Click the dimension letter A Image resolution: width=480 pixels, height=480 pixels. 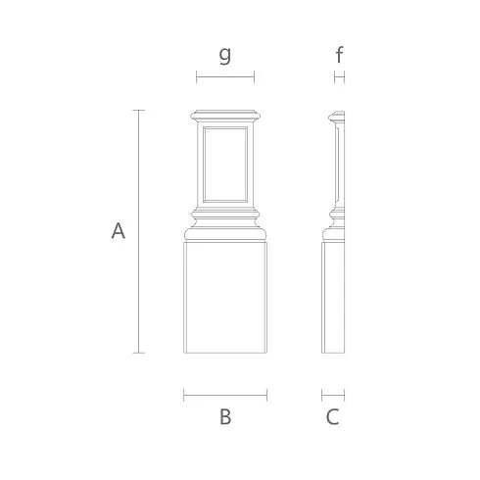pos(118,230)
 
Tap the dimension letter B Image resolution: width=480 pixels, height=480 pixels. pos(225,416)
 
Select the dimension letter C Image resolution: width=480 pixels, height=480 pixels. pos(332,416)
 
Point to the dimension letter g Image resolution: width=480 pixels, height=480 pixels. pos(225,55)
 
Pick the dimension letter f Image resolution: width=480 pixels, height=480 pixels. pos(340,55)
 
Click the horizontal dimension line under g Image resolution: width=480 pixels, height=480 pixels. pos(225,77)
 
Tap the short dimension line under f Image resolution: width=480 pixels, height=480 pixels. pos(340,77)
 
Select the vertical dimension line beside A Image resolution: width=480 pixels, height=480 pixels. pos(139,231)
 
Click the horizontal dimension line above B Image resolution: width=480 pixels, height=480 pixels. pos(225,395)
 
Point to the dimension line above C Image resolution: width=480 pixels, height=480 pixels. pos(333,395)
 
